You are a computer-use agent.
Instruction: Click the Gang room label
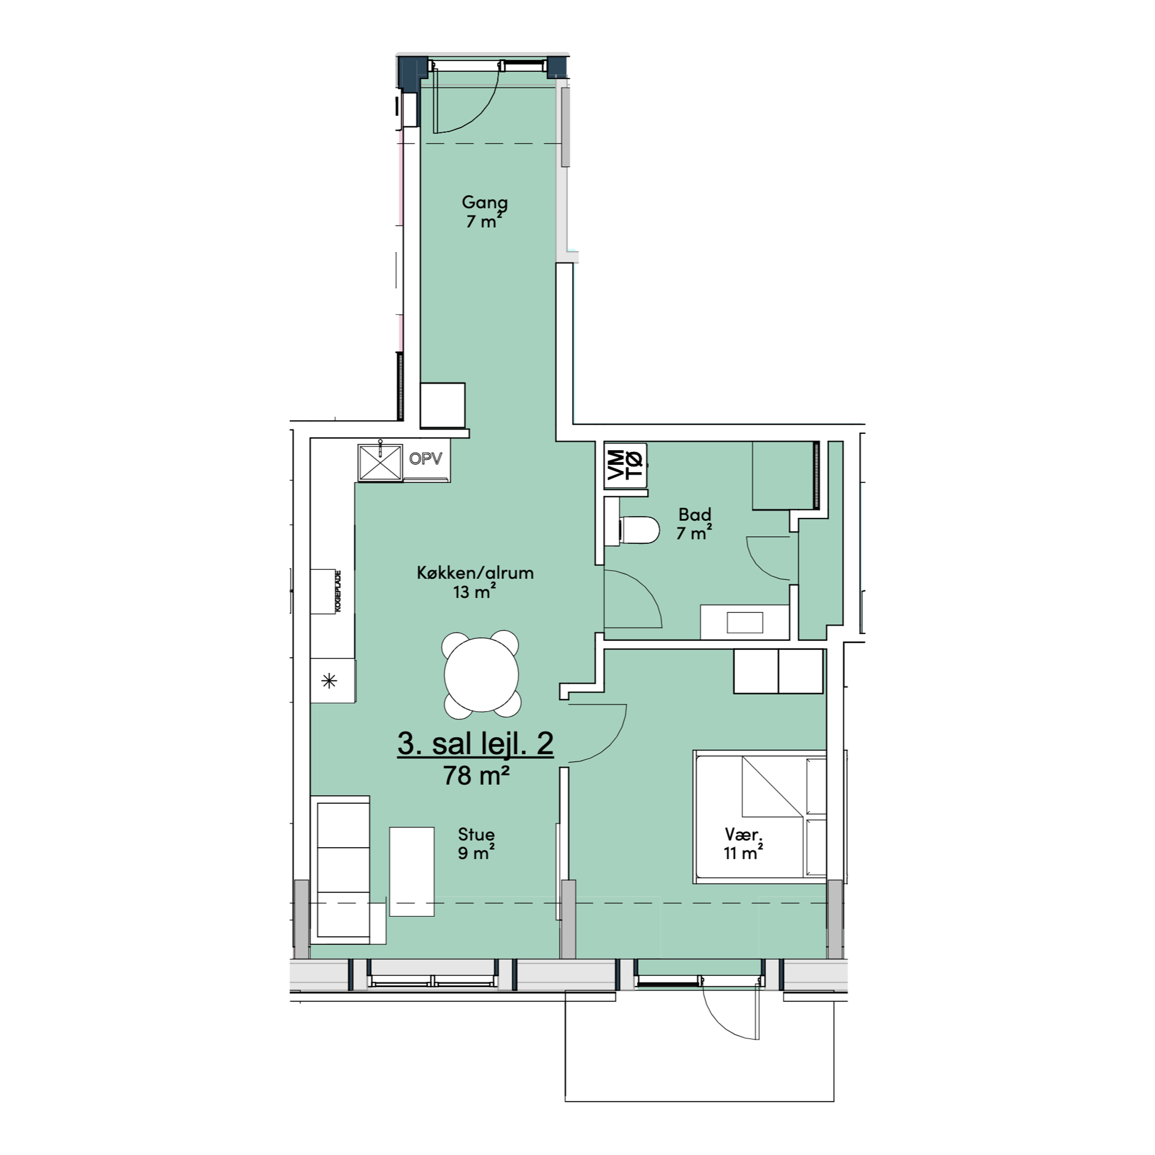485,203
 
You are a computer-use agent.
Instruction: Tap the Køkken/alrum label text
475,573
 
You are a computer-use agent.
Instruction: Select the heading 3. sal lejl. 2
475,744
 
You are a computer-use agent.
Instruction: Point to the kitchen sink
380,462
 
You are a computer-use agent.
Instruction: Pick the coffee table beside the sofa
412,872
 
